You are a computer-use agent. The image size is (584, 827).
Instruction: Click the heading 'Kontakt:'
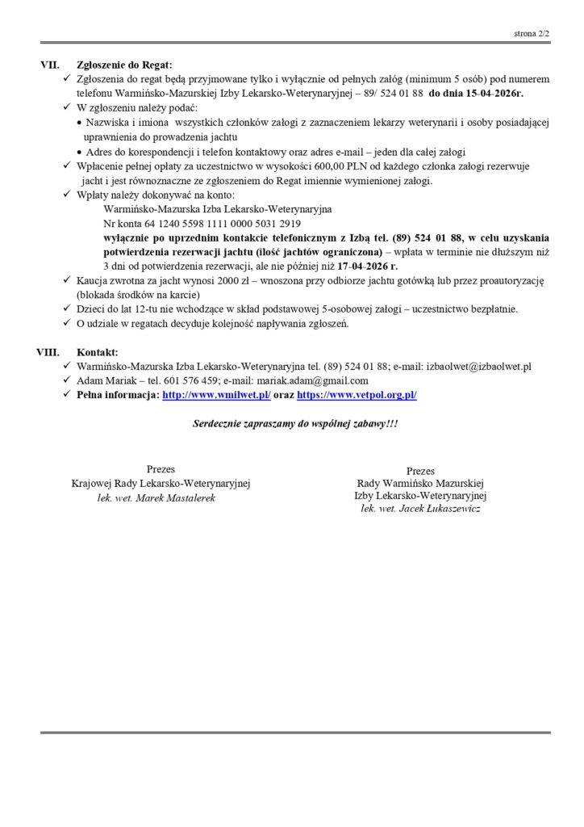click(x=97, y=352)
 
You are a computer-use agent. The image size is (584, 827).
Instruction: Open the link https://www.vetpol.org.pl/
click(x=357, y=396)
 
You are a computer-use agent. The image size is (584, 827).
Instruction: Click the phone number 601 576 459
click(x=190, y=381)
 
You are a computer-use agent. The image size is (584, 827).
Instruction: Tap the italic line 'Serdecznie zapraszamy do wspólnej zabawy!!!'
click(x=295, y=424)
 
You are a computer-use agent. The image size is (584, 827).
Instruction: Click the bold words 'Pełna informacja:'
click(x=117, y=396)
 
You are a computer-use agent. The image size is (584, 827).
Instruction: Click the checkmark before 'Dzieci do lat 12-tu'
click(x=67, y=309)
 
